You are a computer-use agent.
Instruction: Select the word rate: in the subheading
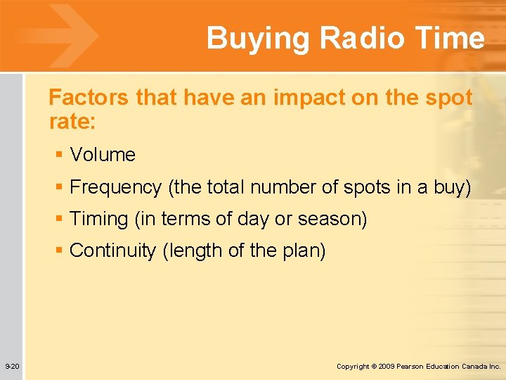pos(72,122)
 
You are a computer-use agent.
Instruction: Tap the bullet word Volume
pos(103,155)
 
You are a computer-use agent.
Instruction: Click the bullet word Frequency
pos(116,187)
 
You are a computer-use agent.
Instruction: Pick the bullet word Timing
pos(98,219)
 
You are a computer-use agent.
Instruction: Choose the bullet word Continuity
pos(113,251)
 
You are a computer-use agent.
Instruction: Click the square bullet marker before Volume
pos(60,155)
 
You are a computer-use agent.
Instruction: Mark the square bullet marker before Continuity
pos(60,251)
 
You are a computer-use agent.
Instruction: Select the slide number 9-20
pos(12,367)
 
